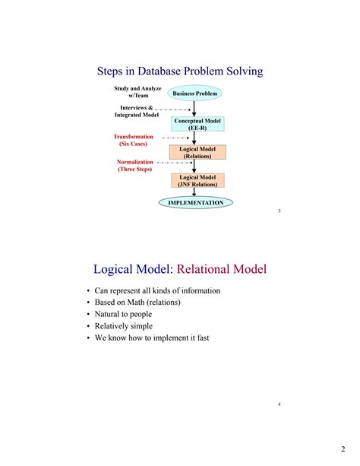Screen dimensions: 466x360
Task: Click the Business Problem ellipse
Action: coord(196,94)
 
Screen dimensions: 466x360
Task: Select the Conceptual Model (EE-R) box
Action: coord(197,125)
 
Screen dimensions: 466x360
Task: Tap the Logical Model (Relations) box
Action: coord(197,153)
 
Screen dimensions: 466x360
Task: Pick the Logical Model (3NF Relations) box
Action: coord(197,181)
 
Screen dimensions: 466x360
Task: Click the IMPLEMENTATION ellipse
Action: coord(196,203)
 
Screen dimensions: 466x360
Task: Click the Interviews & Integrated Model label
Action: coord(137,111)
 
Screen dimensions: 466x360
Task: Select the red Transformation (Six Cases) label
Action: coord(133,140)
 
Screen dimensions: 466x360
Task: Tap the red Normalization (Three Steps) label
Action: coord(135,166)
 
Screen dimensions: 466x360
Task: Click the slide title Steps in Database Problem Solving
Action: coord(180,71)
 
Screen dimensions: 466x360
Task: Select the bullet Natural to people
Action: coord(123,314)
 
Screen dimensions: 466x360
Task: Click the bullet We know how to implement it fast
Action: coord(151,338)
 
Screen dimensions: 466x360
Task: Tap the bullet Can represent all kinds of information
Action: coord(157,290)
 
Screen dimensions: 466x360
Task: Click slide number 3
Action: coord(279,211)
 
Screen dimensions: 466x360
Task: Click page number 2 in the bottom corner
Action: coord(343,449)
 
